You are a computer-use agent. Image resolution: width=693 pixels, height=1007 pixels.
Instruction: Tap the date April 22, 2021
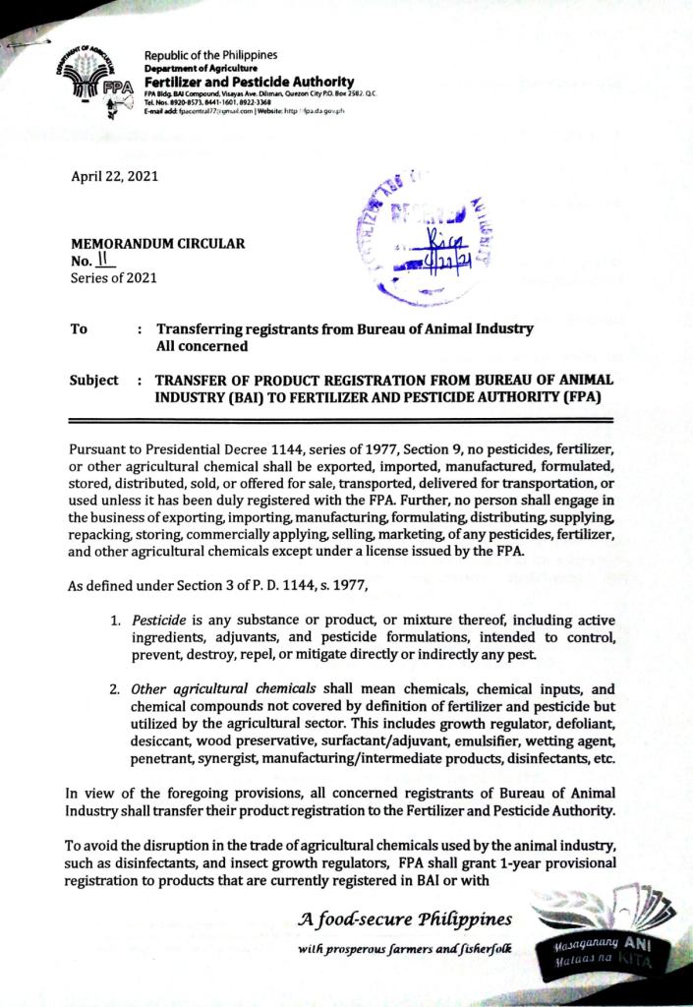coord(113,177)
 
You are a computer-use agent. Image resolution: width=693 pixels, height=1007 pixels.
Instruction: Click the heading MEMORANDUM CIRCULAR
coord(157,244)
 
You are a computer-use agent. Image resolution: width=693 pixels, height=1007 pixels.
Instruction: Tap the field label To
coord(80,329)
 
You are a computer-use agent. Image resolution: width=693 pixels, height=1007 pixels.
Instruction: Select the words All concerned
coord(202,346)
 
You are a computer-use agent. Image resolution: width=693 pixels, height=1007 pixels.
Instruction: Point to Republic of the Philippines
coord(210,55)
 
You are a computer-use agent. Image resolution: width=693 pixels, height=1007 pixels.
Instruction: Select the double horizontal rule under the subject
coord(340,421)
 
